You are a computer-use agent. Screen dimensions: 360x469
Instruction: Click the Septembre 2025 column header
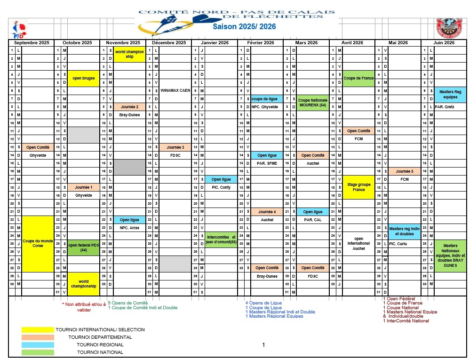pos(32,43)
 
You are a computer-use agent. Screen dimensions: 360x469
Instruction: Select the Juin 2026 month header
pos(443,43)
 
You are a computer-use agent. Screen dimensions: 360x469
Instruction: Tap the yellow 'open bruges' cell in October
pos(83,78)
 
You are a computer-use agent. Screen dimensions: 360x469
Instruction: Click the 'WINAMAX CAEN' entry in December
pos(175,90)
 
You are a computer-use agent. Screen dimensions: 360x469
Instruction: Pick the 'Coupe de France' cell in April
pos(358,78)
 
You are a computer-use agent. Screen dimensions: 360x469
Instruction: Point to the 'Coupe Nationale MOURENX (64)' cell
pos(312,102)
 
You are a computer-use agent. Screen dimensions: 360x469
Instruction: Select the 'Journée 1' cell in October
pos(83,187)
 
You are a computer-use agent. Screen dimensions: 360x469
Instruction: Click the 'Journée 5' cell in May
pos(404,171)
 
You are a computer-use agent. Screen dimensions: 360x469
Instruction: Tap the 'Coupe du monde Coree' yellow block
pos(38,243)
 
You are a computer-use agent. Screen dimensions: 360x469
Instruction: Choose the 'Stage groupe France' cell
pos(358,187)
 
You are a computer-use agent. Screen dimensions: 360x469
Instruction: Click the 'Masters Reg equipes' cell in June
pos(450,94)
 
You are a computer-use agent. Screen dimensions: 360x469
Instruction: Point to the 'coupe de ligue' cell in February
pos(266,99)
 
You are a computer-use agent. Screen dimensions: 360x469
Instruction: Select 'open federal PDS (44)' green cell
pos(83,248)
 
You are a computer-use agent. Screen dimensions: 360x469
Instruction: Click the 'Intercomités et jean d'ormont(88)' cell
pos(221,240)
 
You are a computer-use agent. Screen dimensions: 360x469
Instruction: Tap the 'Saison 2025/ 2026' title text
pos(244,27)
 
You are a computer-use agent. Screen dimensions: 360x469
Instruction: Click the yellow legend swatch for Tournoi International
pos(38,330)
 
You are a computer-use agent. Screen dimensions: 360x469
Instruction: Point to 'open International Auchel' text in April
pos(358,244)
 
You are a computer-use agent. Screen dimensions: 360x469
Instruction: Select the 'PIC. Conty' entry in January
pos(221,187)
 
